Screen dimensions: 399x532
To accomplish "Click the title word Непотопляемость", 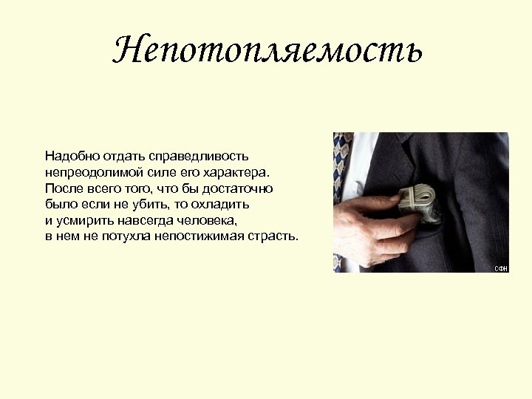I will (x=267, y=50).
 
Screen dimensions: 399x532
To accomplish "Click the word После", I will (x=61, y=188).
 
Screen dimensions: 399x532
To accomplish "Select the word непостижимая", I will (x=199, y=236).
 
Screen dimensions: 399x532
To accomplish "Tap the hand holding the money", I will (x=369, y=222).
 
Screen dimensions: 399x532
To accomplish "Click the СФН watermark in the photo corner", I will (x=501, y=268).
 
